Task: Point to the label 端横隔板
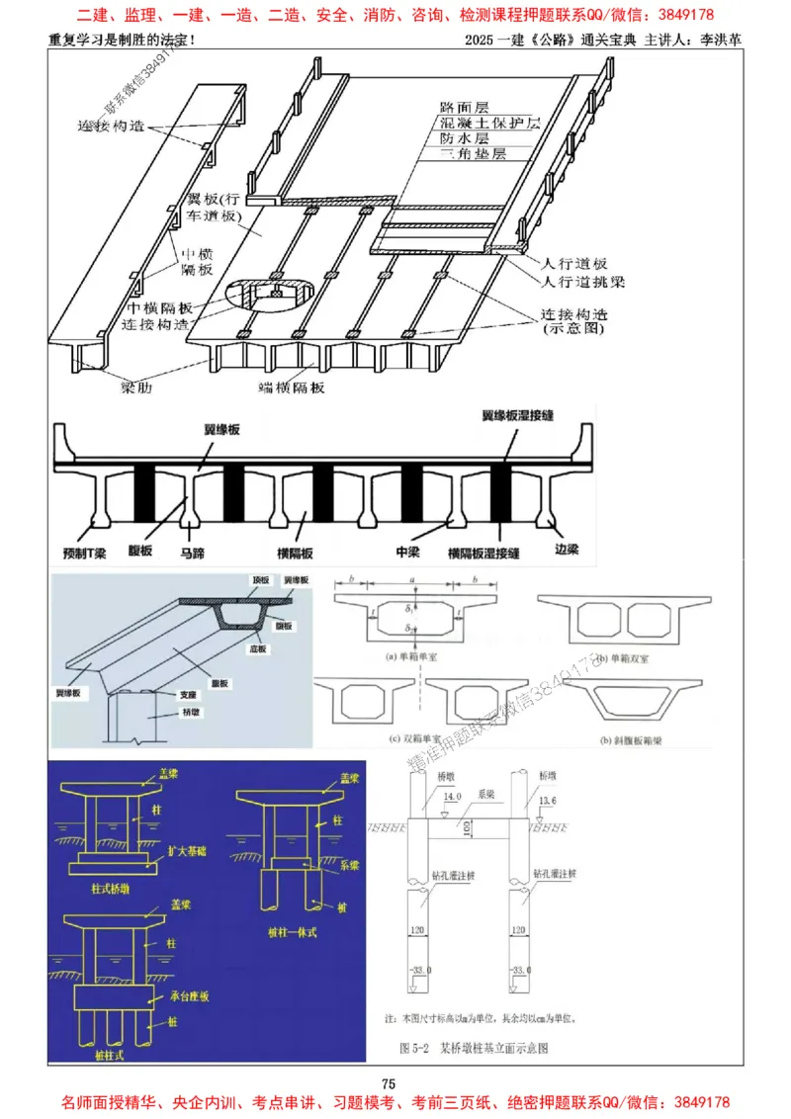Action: pos(291,387)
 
